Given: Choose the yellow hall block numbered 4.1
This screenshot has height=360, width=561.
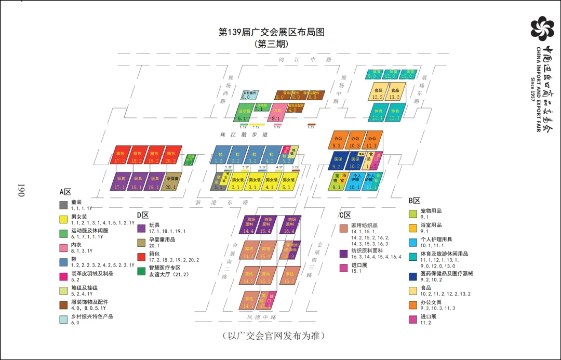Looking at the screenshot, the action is pos(270,183).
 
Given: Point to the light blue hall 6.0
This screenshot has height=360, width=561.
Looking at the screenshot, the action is pos(248,95).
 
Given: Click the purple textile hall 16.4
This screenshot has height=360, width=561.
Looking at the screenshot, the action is pos(289,225).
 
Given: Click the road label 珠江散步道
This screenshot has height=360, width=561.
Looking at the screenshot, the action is pos(244,135).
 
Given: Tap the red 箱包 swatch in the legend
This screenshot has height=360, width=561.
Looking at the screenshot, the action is pos(141,257).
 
